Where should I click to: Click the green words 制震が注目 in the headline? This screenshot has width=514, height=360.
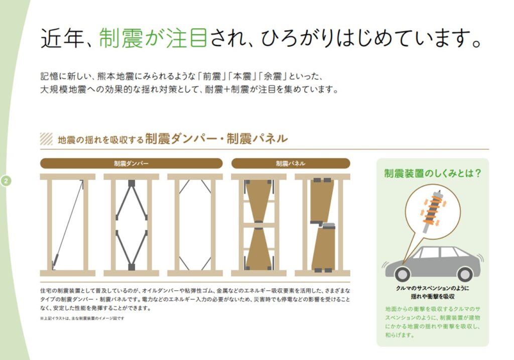(x=153, y=38)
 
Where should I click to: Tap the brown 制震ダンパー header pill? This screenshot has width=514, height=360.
(x=131, y=163)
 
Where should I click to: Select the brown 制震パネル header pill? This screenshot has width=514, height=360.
(x=291, y=163)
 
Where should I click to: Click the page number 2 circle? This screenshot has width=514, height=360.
(x=6, y=181)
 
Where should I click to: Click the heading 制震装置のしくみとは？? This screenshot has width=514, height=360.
(x=433, y=173)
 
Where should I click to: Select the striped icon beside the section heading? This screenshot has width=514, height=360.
(x=46, y=139)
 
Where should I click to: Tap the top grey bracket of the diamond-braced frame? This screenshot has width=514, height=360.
(x=132, y=183)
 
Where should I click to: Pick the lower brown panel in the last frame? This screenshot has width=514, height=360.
(x=323, y=248)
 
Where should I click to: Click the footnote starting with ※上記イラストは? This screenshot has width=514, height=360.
(x=82, y=318)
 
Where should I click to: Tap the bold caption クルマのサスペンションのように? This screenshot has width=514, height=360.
(x=432, y=288)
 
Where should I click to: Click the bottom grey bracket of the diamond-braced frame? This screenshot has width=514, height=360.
(x=132, y=267)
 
